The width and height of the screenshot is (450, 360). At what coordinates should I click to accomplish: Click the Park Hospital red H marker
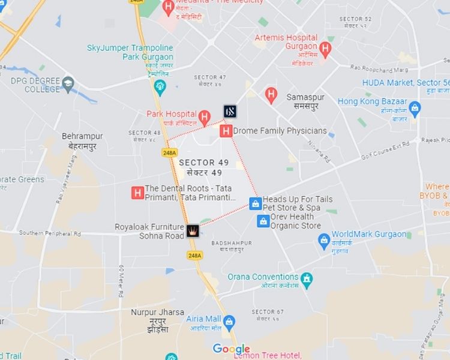click(205, 115)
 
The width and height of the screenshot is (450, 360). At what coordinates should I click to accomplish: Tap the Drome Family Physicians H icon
click(226, 130)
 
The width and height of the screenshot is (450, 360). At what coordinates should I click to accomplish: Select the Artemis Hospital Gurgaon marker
click(326, 47)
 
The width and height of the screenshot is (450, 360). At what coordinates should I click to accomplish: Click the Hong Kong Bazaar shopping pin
click(415, 108)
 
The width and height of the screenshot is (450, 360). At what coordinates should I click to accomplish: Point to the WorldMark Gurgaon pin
click(324, 239)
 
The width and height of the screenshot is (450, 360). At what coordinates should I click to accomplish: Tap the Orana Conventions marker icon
click(307, 278)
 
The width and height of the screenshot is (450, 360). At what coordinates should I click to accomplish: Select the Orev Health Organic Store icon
click(263, 221)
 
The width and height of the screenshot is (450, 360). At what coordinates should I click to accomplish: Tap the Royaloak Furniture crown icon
click(193, 230)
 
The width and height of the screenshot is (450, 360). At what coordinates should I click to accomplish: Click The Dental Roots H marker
click(137, 193)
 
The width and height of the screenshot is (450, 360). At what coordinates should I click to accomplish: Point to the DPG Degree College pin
click(68, 85)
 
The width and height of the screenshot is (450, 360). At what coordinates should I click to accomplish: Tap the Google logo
click(231, 349)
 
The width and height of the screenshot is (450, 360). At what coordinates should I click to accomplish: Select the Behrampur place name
click(82, 136)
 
